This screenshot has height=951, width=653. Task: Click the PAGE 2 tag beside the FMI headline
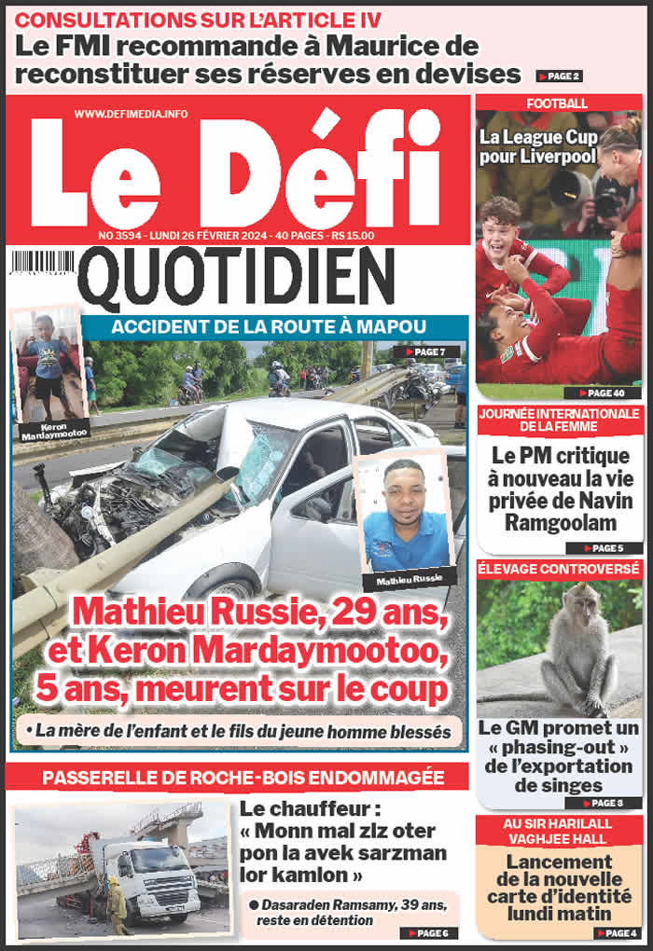point(559,76)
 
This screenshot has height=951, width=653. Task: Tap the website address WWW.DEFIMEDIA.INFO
point(131,114)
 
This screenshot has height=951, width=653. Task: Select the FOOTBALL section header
point(557,103)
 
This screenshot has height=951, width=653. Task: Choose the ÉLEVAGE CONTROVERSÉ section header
point(558,567)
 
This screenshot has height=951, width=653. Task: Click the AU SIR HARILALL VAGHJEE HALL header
point(558,832)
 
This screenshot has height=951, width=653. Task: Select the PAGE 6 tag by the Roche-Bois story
point(429,932)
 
